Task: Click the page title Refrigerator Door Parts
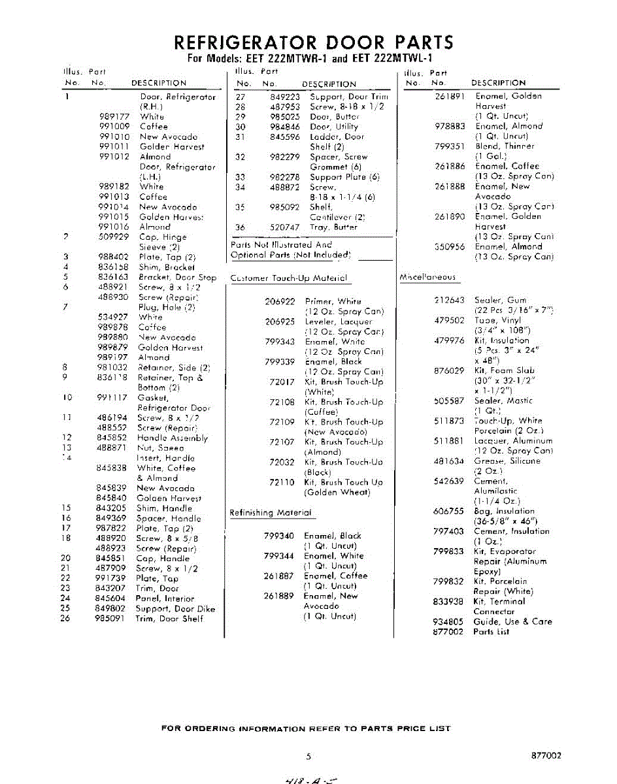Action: click(313, 42)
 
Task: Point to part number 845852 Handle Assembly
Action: click(110, 438)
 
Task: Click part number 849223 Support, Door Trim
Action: click(284, 97)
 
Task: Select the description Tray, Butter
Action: click(333, 227)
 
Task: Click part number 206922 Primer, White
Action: click(280, 301)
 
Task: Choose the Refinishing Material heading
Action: click(270, 513)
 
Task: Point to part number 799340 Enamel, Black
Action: click(278, 536)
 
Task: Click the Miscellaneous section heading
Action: click(427, 277)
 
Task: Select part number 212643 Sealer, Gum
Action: click(449, 301)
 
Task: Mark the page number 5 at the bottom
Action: click(308, 757)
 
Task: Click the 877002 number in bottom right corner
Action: click(546, 755)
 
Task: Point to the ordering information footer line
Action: click(305, 728)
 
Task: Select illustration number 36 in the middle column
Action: click(240, 227)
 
